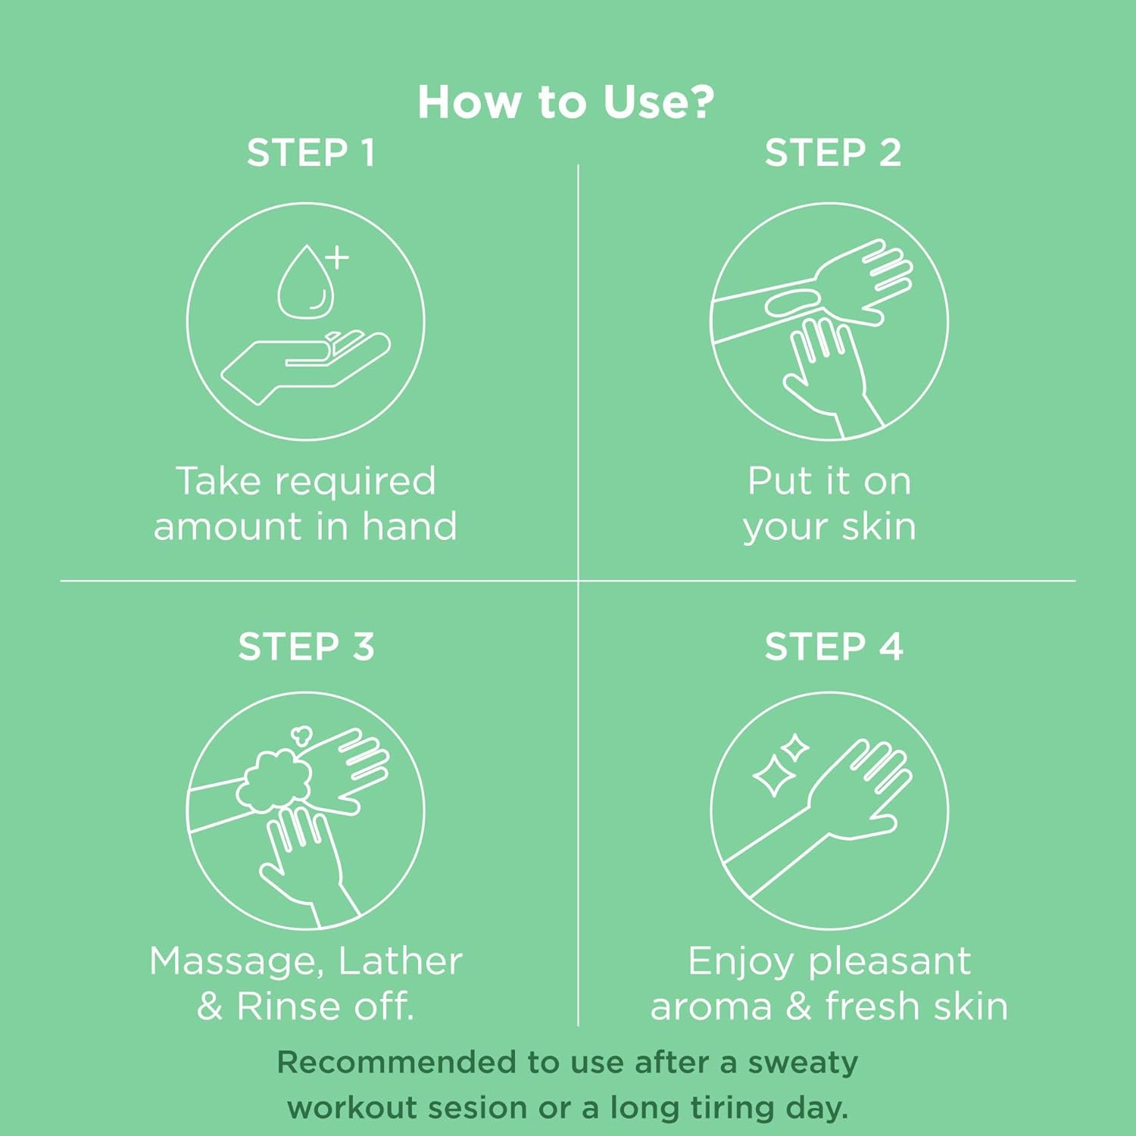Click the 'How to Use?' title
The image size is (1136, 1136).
tap(566, 102)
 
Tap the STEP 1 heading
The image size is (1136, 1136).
tap(311, 153)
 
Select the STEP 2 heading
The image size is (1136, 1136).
tap(832, 153)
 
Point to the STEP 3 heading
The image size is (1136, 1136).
tap(306, 648)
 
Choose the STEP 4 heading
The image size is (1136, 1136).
tap(833, 648)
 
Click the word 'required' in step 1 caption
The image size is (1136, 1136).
tap(355, 482)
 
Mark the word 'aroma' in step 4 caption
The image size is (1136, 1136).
tap(710, 1007)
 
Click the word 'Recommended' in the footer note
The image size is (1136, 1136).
tap(397, 1062)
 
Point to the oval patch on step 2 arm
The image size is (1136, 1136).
tap(792, 304)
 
